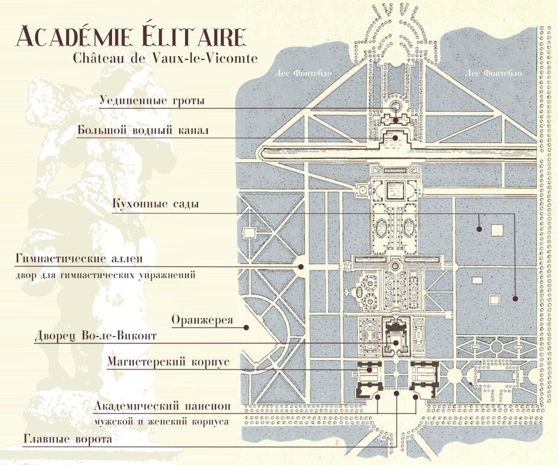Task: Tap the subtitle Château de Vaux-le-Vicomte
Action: pyautogui.click(x=159, y=58)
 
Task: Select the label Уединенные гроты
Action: pyautogui.click(x=152, y=100)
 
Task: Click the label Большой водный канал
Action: pyautogui.click(x=143, y=130)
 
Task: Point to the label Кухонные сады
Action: pyautogui.click(x=156, y=204)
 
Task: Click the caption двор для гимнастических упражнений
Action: pyautogui.click(x=104, y=275)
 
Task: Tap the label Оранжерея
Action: pyautogui.click(x=202, y=320)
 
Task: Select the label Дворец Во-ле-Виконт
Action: pyautogui.click(x=96, y=336)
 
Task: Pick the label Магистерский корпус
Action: pyautogui.click(x=168, y=362)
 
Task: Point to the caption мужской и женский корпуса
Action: pyautogui.click(x=161, y=422)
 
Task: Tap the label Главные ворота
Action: pyautogui.click(x=67, y=439)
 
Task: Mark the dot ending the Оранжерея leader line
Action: pyautogui.click(x=246, y=327)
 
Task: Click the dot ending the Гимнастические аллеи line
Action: pyautogui.click(x=301, y=266)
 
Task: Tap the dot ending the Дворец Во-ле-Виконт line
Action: pyautogui.click(x=395, y=343)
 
